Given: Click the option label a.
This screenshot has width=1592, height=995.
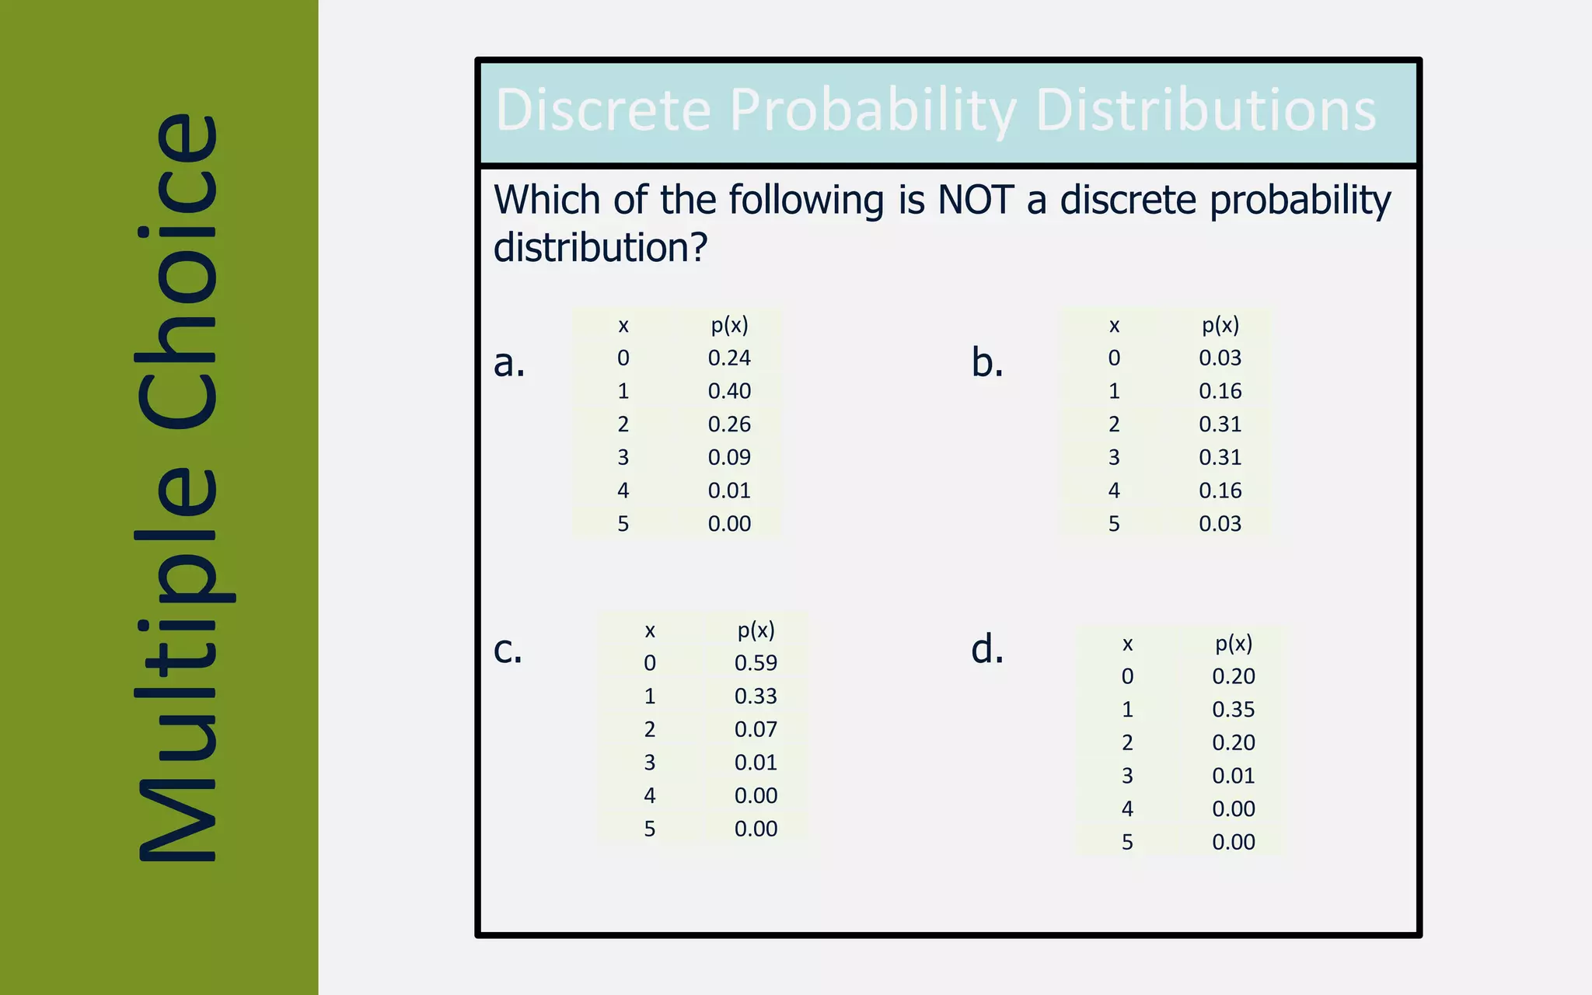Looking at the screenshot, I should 509,363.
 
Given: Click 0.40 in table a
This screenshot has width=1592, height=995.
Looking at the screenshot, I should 729,391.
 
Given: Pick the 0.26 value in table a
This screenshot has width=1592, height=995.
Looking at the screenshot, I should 729,424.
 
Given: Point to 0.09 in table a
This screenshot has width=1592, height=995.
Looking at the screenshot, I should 729,457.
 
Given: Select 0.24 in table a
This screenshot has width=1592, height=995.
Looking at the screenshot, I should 729,358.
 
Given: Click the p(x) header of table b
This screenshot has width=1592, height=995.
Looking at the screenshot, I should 1220,325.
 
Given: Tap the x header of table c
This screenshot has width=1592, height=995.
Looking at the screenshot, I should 650,630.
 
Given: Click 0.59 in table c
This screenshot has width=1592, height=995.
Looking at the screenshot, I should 756,663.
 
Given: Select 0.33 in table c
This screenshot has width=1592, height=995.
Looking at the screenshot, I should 756,696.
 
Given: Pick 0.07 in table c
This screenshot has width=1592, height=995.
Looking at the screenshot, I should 756,729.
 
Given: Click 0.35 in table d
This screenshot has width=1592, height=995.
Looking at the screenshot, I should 1234,710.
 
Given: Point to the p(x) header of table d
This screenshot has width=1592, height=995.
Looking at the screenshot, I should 1234,644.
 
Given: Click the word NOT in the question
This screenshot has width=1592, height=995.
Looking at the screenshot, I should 975,200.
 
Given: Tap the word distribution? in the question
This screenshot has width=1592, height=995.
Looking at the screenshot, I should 600,248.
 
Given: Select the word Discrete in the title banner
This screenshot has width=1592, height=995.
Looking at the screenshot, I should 603,110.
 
